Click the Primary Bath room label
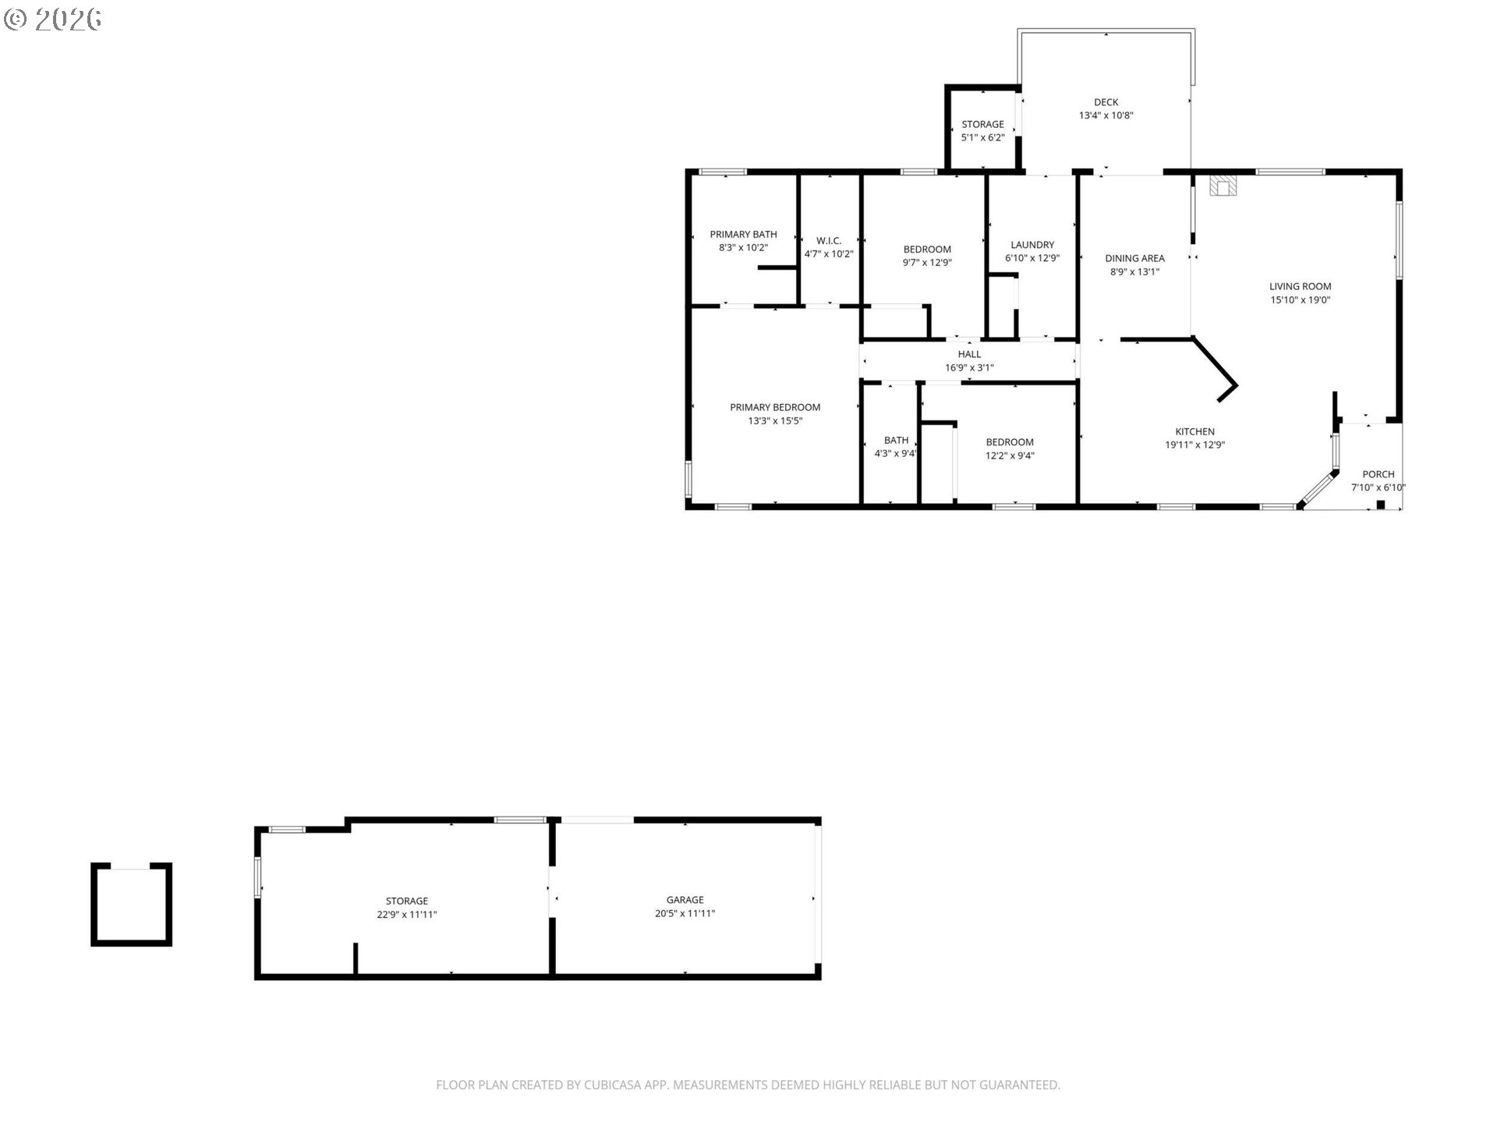point(743,234)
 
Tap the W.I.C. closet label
point(829,240)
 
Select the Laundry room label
point(1032,245)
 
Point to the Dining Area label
point(1134,258)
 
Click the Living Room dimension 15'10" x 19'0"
point(1300,299)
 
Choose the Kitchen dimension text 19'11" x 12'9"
point(1194,445)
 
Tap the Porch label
point(1378,474)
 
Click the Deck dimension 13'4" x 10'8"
point(1106,115)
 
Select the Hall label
point(969,354)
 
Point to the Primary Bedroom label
point(775,407)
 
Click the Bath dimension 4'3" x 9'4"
point(896,454)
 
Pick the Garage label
point(685,900)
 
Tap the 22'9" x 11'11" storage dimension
point(407,915)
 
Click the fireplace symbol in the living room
point(1223,186)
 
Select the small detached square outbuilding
point(131,905)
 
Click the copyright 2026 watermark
point(53,19)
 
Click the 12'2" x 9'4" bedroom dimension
point(1010,456)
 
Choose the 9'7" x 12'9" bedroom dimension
point(927,263)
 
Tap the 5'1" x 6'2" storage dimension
point(982,137)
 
